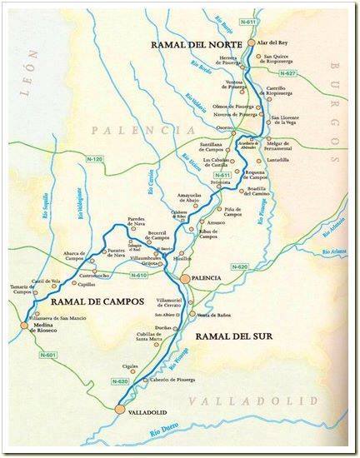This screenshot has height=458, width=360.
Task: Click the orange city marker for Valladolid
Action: [x=120, y=409]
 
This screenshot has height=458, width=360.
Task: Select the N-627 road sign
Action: [x=287, y=73]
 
